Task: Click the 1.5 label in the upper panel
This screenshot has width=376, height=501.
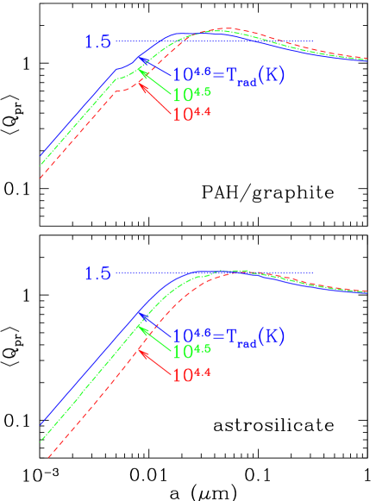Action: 97,41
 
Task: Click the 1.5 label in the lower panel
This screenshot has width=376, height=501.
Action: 97,273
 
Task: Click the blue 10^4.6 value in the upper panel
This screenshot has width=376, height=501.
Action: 189,75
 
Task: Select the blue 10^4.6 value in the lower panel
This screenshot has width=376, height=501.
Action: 189,335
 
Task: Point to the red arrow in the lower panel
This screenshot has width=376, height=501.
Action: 154,360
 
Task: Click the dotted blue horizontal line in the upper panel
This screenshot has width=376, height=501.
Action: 216,41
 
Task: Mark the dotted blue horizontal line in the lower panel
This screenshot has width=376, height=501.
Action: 216,273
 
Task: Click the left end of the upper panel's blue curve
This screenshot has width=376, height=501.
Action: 41,157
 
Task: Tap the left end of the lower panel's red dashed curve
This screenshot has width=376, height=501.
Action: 41,457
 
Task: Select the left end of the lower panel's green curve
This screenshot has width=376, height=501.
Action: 41,441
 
